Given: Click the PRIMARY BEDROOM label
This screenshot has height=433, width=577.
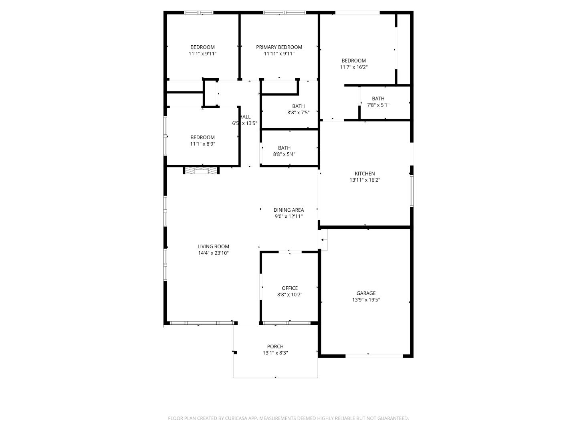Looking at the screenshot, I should (279, 47).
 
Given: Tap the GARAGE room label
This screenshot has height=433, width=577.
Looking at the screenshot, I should (366, 293).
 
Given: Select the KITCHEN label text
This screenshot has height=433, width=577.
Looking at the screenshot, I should (365, 174).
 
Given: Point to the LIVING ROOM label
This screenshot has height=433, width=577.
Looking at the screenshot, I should (213, 247).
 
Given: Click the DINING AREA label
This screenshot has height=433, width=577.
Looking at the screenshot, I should (288, 210).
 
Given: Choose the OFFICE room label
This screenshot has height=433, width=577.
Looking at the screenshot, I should (289, 288).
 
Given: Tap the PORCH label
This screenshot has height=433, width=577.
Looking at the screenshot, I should (275, 346).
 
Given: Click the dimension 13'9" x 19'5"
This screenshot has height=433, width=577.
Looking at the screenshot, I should (366, 299).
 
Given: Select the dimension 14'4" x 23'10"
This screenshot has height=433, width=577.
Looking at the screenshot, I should (213, 253).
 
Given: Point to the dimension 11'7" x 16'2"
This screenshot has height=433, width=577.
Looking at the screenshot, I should (353, 67).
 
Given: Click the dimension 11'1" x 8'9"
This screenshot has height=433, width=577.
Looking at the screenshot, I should (202, 144).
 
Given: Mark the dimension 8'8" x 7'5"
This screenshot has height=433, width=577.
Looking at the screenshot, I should (298, 113).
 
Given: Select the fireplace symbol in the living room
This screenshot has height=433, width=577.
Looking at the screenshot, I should (202, 171).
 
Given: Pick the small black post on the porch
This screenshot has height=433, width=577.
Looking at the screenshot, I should (236, 353).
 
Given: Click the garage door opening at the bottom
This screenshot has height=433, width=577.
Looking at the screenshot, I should (374, 355).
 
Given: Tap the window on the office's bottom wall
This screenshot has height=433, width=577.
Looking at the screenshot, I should (287, 323).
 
